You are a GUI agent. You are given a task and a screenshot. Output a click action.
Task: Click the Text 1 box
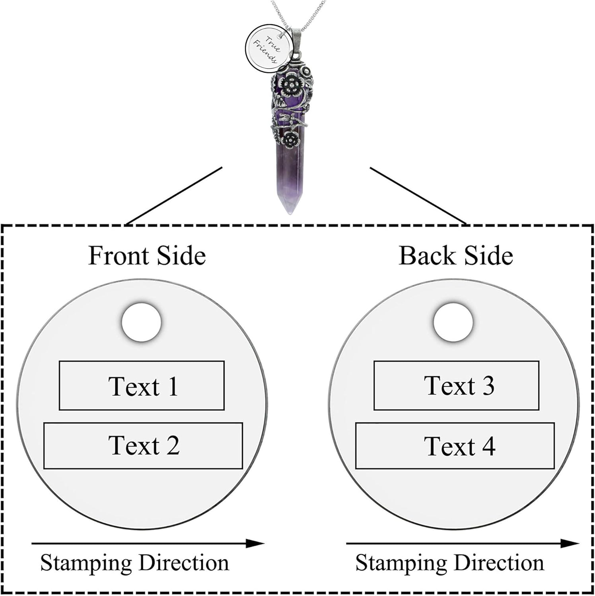point(142,385)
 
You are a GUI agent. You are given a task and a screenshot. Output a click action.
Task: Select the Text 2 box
point(143,445)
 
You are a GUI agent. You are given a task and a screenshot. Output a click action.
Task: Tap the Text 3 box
point(456,385)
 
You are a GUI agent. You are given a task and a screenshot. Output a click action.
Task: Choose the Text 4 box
point(455,446)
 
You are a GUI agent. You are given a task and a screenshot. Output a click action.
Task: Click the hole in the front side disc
point(142,322)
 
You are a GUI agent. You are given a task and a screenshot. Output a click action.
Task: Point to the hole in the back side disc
point(453,322)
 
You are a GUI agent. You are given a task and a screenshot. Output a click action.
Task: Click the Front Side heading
point(147,255)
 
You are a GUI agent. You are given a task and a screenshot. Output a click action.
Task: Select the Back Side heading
point(455,255)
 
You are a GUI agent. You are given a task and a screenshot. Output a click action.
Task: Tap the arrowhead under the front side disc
point(255,543)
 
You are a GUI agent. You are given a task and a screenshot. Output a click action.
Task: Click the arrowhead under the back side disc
point(569,543)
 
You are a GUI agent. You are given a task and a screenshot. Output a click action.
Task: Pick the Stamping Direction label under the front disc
point(134,563)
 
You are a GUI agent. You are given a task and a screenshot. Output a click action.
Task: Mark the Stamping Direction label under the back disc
point(449,563)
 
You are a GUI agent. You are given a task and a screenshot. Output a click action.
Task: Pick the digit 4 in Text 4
point(488,446)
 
